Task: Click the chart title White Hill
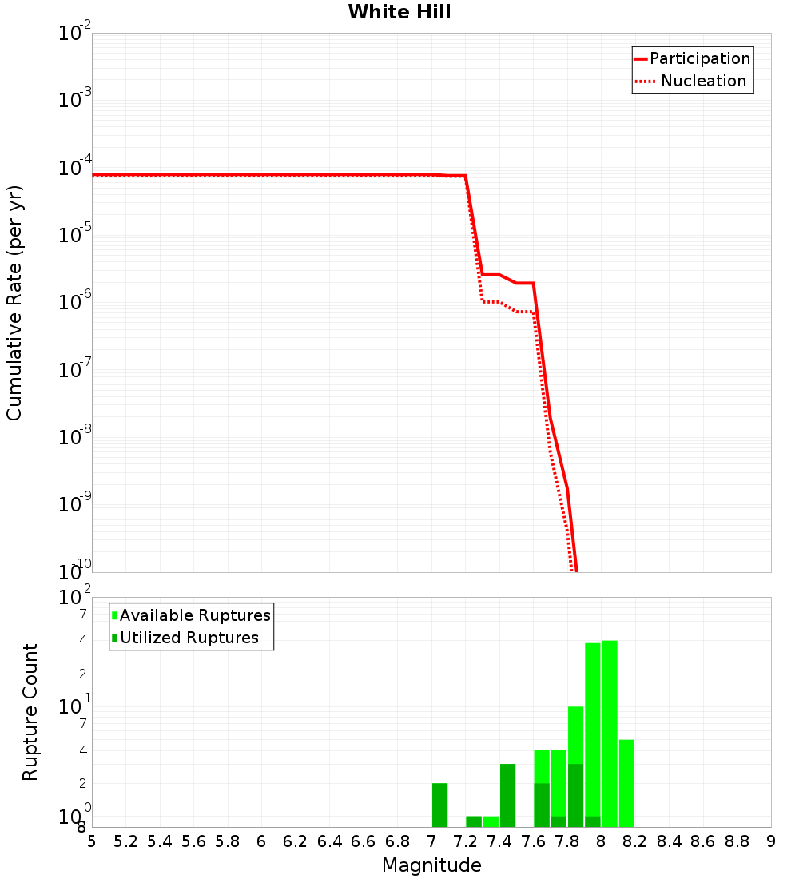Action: coord(399,12)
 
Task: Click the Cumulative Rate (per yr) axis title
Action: coord(14,302)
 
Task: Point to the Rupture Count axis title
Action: coord(30,712)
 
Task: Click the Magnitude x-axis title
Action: coord(431,865)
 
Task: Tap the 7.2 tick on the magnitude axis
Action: coord(465,841)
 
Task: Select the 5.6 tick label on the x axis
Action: coord(193,841)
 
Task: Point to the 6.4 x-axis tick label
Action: coord(329,841)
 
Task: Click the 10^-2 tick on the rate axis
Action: coord(75,34)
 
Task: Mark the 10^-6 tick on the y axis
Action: coord(75,303)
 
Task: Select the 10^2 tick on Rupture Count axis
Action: coord(75,598)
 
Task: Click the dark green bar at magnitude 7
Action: coord(439,805)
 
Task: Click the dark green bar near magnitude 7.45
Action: coord(507,795)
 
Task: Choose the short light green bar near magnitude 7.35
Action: coord(491,821)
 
